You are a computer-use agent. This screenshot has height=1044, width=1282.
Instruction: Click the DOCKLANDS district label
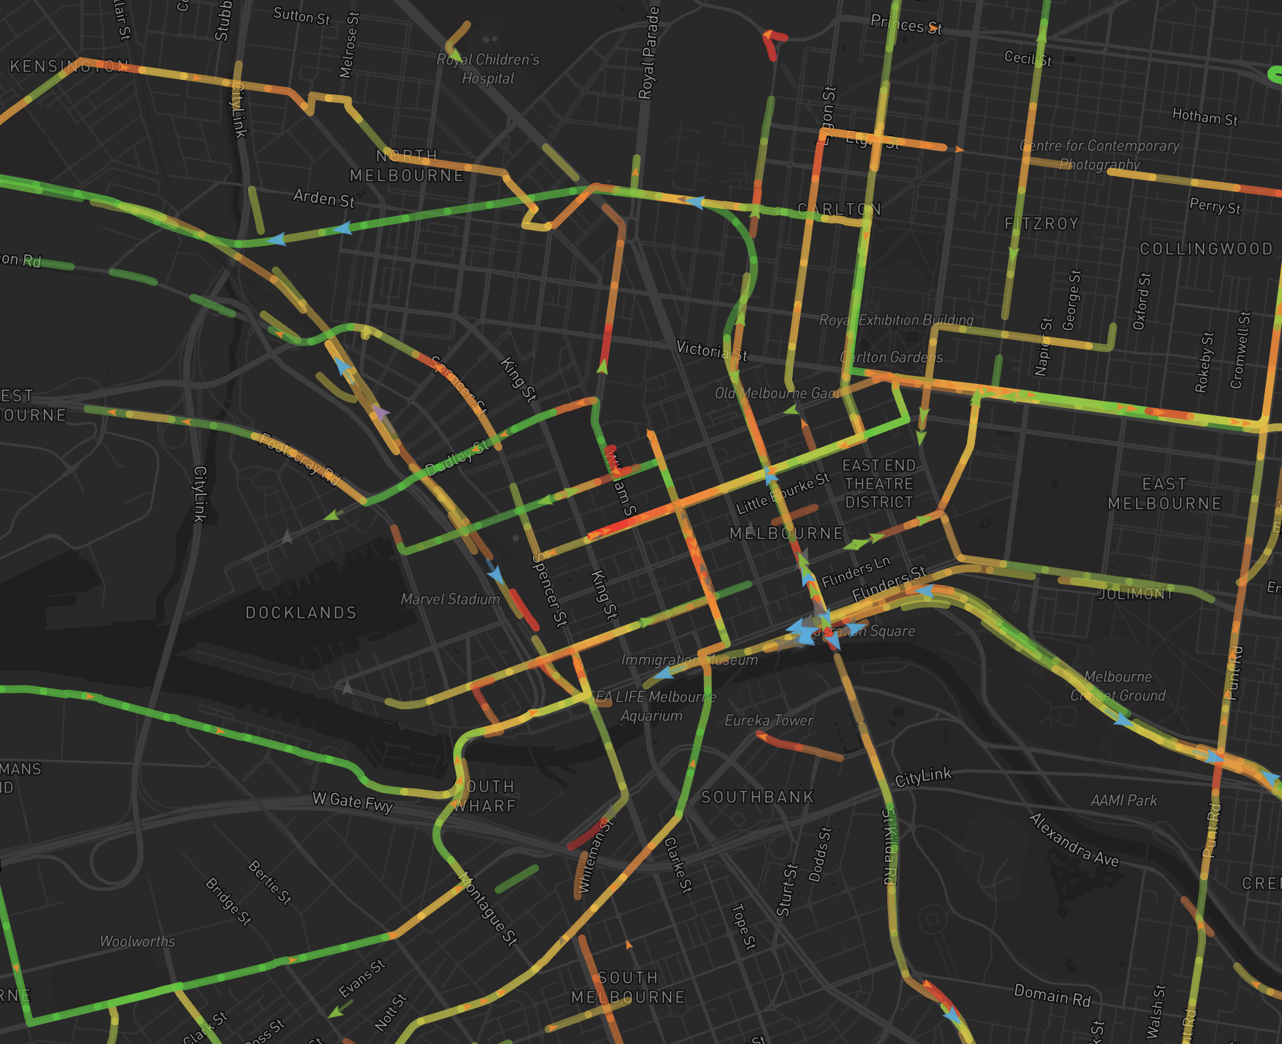click(301, 613)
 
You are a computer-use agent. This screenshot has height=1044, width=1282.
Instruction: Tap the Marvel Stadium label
click(450, 599)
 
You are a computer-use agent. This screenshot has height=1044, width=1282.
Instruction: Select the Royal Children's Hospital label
click(488, 69)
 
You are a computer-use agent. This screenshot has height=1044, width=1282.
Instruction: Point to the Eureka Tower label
click(769, 721)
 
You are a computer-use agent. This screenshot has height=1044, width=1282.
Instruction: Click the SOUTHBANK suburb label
click(758, 797)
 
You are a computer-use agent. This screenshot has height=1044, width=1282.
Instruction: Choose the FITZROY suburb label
click(1042, 224)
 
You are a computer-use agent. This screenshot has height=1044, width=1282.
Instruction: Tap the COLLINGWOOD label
click(1206, 249)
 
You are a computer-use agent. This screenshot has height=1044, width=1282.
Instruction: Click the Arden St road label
click(323, 198)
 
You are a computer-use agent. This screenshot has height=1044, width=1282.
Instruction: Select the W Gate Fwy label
click(352, 802)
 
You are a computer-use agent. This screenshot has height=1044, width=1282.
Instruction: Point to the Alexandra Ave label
click(1073, 840)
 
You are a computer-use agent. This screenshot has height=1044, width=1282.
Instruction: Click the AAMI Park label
click(1124, 800)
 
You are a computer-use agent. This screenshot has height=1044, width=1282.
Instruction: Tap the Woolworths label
click(137, 941)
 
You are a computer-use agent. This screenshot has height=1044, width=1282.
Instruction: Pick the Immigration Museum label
click(689, 660)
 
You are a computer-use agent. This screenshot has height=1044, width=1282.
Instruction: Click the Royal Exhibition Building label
click(896, 320)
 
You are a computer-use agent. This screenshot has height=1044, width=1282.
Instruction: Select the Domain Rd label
click(1052, 996)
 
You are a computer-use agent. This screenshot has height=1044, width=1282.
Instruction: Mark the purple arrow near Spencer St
click(380, 413)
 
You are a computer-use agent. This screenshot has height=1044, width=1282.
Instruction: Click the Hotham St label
click(1205, 117)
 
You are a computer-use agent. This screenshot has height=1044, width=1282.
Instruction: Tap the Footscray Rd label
click(301, 459)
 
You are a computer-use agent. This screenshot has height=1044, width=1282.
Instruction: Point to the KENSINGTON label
click(69, 66)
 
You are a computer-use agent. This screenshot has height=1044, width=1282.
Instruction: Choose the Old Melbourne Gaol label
click(777, 393)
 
